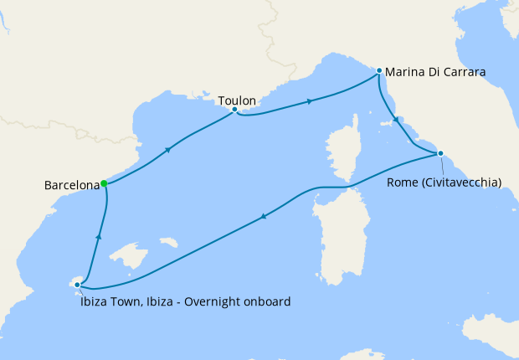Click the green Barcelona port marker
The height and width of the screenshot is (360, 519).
[x=104, y=183]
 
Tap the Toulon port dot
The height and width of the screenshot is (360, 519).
[x=234, y=110]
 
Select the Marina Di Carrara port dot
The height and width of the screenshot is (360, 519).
[x=379, y=71]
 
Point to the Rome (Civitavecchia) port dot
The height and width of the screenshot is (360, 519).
[x=440, y=153]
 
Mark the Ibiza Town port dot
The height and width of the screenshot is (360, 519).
[x=77, y=285]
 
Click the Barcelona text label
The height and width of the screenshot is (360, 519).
[x=70, y=184]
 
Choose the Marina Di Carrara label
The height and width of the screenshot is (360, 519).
[x=436, y=72]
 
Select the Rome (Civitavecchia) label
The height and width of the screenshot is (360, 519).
[x=444, y=183]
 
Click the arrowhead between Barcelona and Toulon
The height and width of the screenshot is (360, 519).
[x=169, y=150]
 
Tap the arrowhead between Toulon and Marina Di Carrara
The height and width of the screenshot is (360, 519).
[x=311, y=101]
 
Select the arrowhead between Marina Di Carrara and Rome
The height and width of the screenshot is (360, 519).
[x=397, y=121]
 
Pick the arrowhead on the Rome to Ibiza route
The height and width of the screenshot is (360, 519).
[x=264, y=217]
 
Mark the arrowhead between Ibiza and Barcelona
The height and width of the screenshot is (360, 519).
[x=99, y=237]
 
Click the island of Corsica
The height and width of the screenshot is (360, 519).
[x=339, y=146]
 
